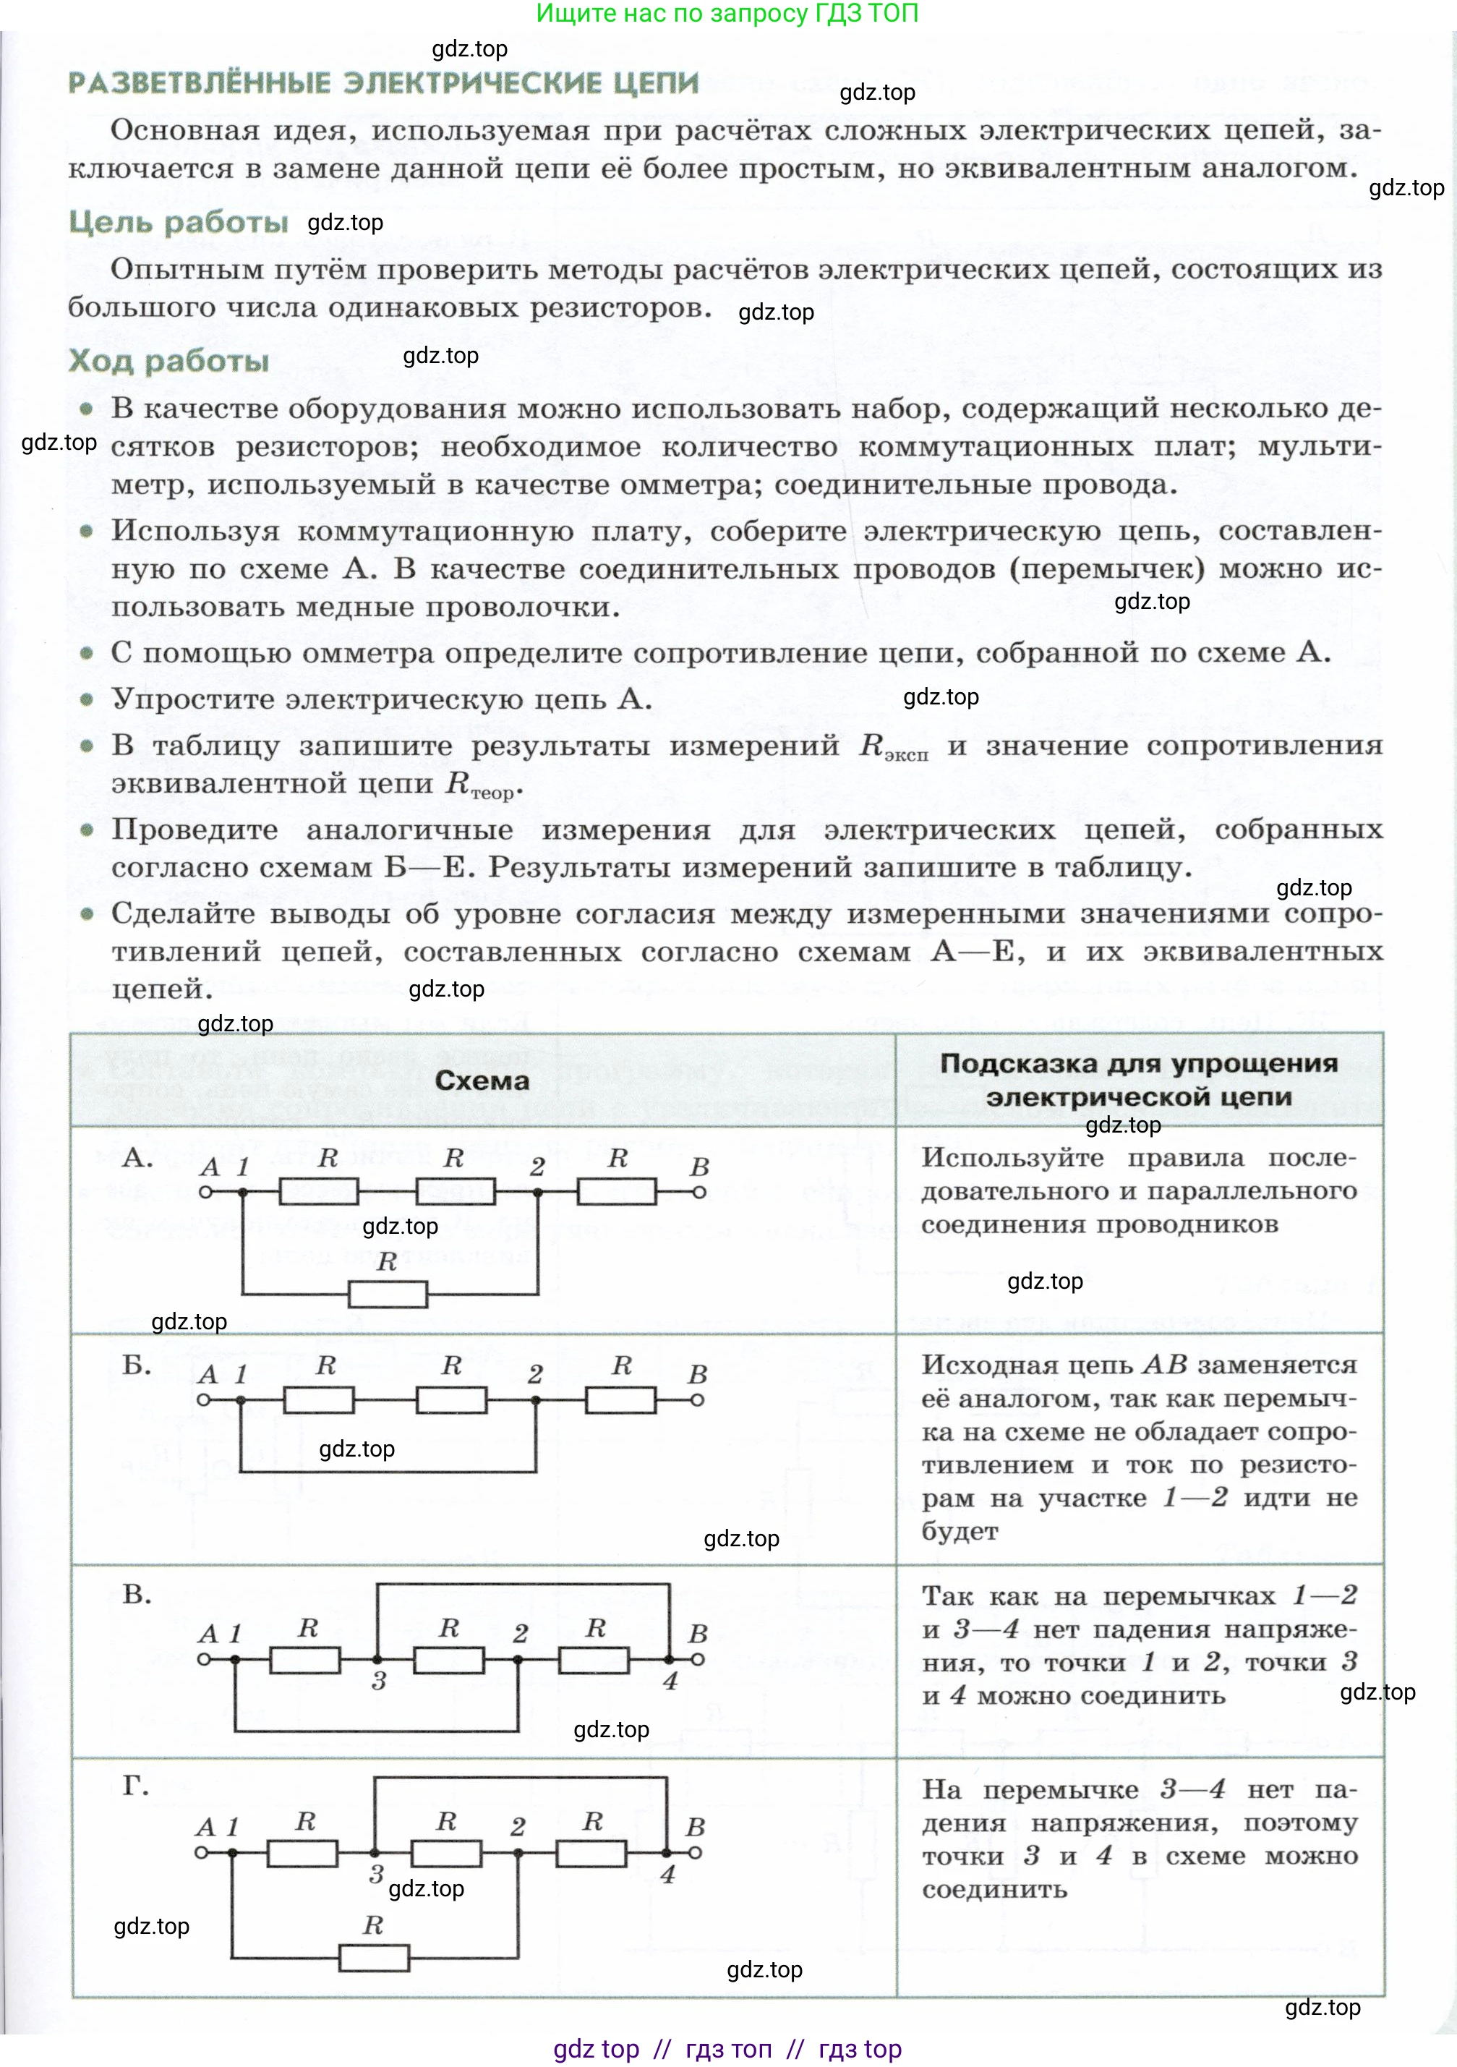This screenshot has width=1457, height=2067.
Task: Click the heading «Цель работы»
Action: click(178, 221)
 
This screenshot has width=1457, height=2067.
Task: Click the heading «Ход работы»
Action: click(168, 360)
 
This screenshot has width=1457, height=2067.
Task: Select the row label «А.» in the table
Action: click(137, 1157)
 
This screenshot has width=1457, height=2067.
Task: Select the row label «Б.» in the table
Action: click(137, 1365)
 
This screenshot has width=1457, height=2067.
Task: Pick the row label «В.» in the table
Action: click(137, 1594)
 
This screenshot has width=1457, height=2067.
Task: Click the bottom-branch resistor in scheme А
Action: click(388, 1295)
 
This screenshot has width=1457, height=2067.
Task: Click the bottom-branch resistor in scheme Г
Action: click(374, 1957)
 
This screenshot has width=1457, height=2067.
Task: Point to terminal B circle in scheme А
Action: click(699, 1192)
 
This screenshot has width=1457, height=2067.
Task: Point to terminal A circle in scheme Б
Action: click(203, 1400)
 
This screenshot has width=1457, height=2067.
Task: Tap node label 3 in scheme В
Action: click(379, 1681)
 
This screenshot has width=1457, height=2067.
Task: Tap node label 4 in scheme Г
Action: click(667, 1875)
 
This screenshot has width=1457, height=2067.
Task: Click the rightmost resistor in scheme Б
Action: click(621, 1400)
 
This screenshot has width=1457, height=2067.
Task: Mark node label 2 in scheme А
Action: click(537, 1167)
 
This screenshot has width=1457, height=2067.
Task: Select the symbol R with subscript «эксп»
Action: click(892, 746)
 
